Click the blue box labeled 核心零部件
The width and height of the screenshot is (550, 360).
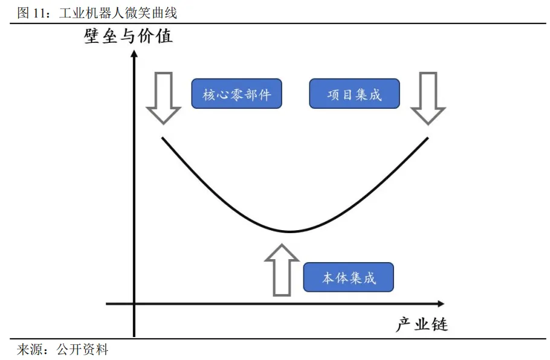236,94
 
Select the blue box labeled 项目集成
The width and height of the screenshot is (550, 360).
354,94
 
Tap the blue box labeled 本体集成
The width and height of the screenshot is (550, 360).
348,278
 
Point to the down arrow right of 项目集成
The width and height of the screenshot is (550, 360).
428,98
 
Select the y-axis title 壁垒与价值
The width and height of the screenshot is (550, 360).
129,36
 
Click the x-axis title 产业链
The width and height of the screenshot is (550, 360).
422,324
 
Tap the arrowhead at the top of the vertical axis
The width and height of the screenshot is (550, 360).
134,55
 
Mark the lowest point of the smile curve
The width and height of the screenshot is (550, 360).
290,231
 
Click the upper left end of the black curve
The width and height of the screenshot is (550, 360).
162,138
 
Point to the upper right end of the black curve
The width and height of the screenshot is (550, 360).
428,138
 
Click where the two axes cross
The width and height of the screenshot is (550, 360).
134,303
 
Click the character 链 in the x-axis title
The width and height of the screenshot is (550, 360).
439,324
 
